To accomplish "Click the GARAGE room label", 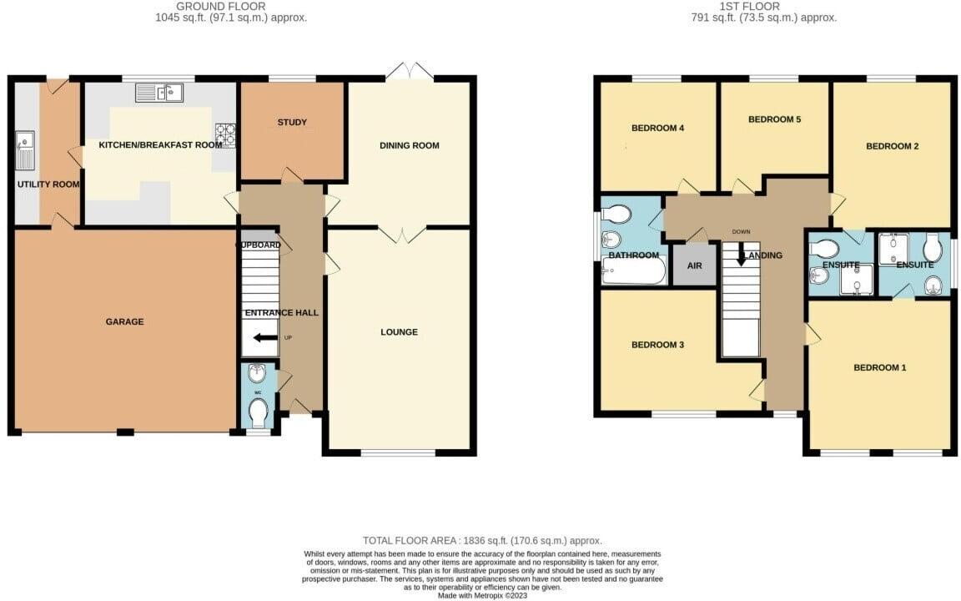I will pos(124,321).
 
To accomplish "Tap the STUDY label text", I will pos(292,123).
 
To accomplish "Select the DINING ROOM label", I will pos(409,145).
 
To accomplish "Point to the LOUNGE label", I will pos(399,332).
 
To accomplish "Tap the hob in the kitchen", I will pos(226,134).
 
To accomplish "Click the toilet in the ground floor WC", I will pos(258,411).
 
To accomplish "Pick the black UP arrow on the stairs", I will pos(268,338).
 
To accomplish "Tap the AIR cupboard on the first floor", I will pos(694,266).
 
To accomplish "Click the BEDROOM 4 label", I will pos(657,129).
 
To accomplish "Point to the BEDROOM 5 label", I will pos(774,119).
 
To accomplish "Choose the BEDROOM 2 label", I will pos(892,146).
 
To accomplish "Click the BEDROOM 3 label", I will pos(657,345).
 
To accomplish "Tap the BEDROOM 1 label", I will pos(879,368).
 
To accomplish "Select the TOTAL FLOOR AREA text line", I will pos(481,541).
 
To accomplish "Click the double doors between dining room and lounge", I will pos(404,233).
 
